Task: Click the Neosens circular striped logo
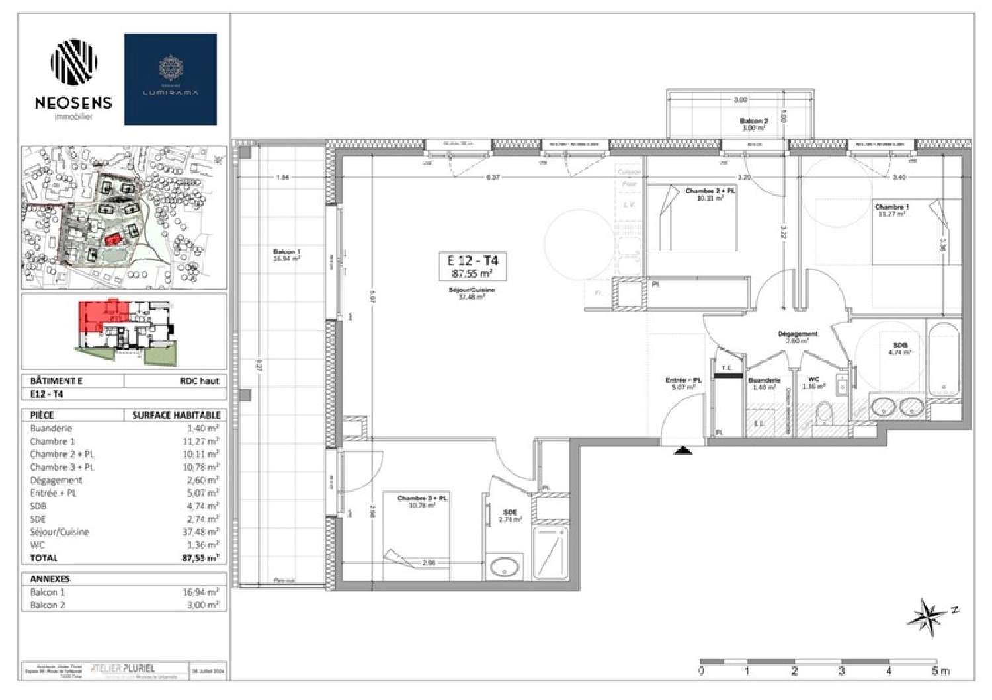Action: pos(73,63)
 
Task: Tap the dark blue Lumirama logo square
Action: pos(171,79)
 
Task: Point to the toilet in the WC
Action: pos(824,414)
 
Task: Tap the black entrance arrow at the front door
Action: pos(683,451)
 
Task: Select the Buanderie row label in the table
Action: pos(51,428)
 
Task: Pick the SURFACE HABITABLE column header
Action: pos(176,415)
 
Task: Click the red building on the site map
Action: pos(113,238)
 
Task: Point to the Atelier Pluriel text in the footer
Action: pos(122,668)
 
